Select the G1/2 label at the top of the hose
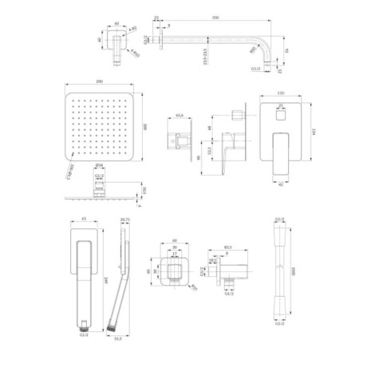point(279,217)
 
